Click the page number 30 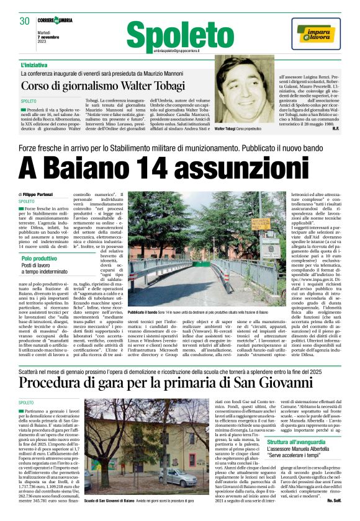point(24,21)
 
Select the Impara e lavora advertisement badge point(314,33)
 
